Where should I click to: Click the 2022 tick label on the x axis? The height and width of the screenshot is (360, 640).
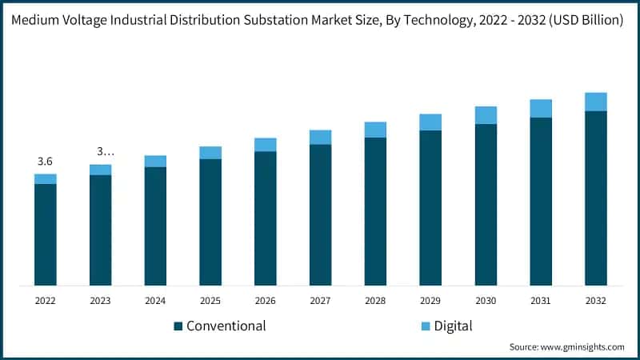pos(46,301)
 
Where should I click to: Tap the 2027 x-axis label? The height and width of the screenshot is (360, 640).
pos(321,301)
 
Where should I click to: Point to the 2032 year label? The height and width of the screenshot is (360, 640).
pos(596,301)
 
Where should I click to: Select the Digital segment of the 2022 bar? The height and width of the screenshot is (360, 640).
pos(46,179)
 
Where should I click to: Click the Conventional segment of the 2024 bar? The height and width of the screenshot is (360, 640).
pos(155,226)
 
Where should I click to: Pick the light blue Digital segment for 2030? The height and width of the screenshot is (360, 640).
pos(486,115)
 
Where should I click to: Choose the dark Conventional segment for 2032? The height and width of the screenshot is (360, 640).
pos(596,198)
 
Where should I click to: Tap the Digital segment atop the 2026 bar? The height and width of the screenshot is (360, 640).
pos(266,145)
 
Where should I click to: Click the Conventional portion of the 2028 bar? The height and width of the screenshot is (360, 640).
pos(375,211)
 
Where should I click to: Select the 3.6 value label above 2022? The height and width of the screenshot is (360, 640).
pos(46,162)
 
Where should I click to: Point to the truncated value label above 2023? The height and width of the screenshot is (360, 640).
pos(101,151)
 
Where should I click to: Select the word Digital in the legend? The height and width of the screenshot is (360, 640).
pos(454,326)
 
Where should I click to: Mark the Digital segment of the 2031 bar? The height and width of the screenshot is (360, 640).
pos(541,109)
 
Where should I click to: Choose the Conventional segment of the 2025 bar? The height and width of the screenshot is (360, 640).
pos(210,222)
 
